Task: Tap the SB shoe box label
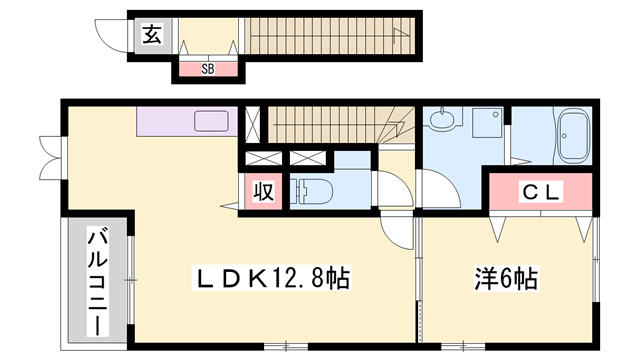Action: [x=208, y=69]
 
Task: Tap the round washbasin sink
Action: [x=443, y=122]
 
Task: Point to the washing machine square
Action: [x=487, y=125]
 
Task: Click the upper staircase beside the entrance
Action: [x=330, y=38]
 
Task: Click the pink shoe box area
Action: [x=208, y=69]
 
